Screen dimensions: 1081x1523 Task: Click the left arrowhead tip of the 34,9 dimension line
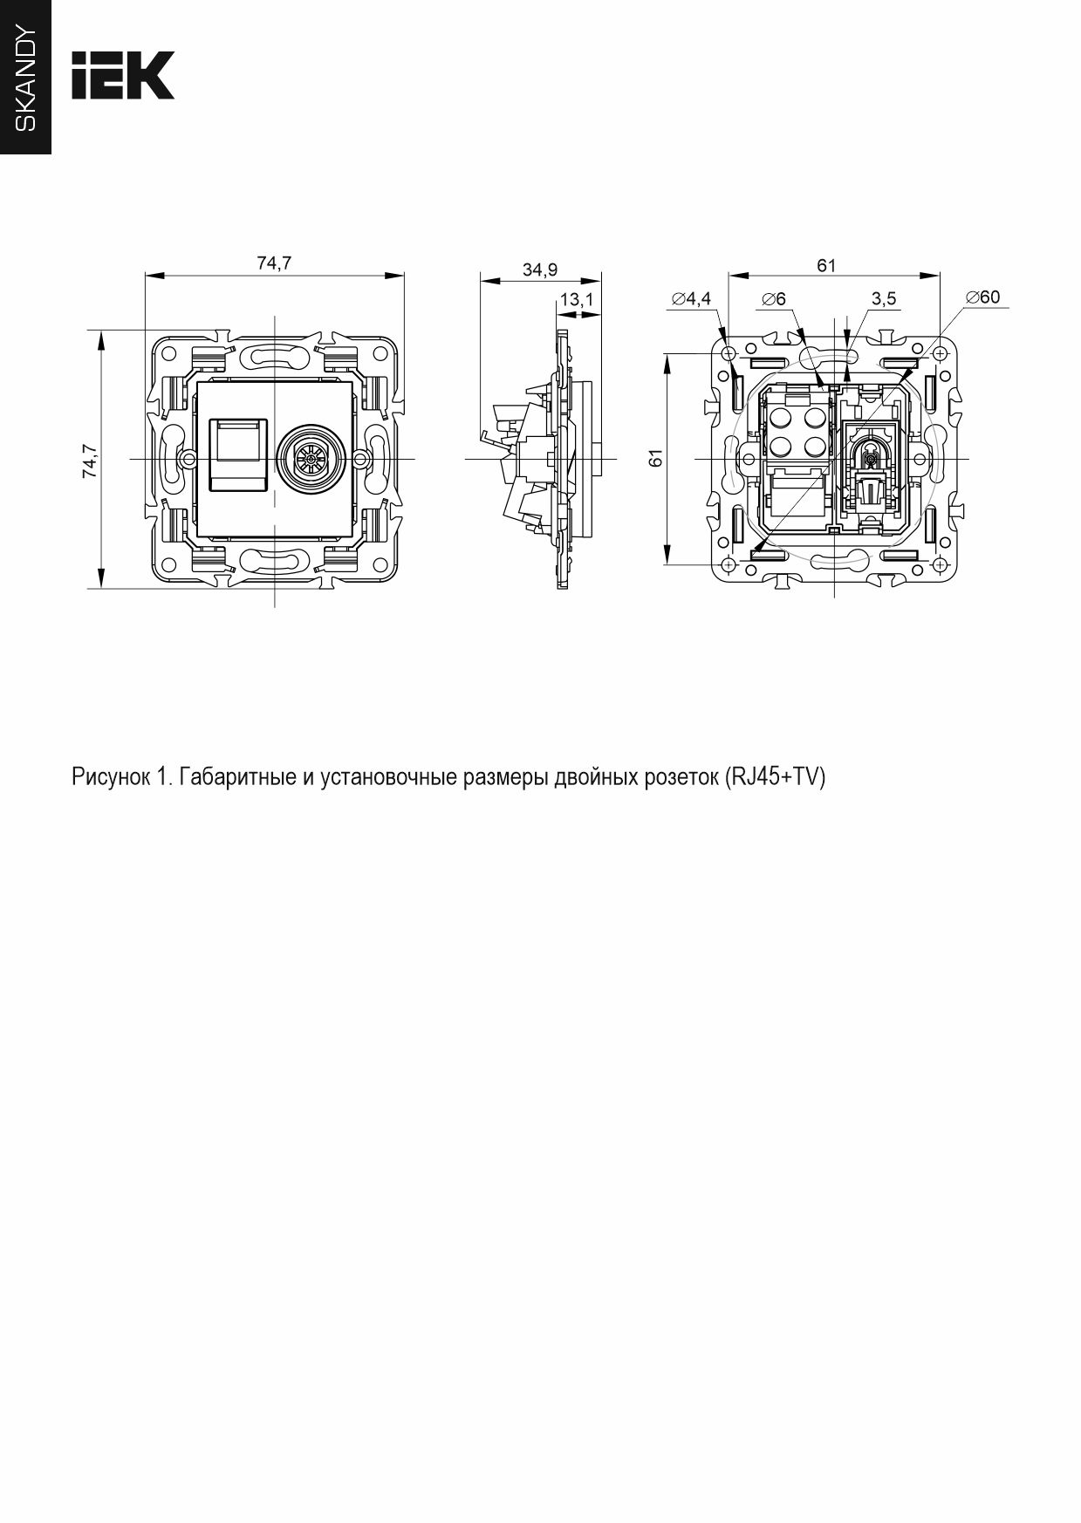(481, 281)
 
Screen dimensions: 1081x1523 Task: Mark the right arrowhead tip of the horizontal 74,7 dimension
(405, 276)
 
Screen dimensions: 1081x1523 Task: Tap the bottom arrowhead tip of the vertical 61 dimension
(667, 563)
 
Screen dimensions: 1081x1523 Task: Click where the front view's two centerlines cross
(274, 459)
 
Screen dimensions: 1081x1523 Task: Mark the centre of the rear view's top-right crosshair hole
(940, 353)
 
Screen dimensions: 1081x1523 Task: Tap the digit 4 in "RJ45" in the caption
(769, 776)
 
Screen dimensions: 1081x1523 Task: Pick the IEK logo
(123, 75)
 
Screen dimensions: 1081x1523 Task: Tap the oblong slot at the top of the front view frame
(274, 357)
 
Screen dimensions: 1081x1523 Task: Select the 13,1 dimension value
(577, 300)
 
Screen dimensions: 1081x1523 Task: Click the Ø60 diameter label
(982, 297)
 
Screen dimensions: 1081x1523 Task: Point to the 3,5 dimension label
(883, 299)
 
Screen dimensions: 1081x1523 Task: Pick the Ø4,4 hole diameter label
(691, 299)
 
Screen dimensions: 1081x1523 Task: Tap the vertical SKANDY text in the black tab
(26, 79)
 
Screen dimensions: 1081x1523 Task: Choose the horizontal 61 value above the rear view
(826, 266)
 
